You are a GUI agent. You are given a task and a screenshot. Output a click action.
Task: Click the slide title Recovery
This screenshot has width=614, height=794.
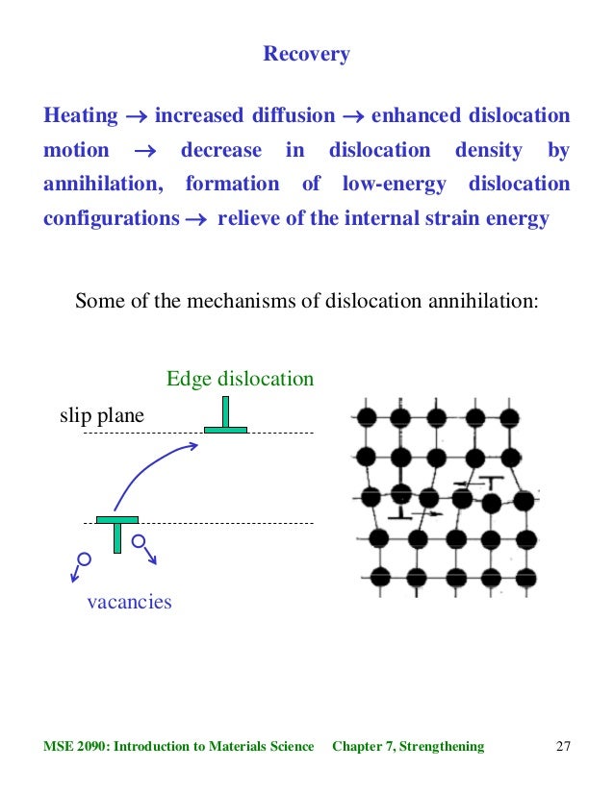(x=306, y=55)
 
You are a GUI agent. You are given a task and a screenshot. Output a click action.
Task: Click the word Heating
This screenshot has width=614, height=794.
(x=81, y=117)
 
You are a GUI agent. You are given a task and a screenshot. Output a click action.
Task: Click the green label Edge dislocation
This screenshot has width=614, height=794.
(x=240, y=379)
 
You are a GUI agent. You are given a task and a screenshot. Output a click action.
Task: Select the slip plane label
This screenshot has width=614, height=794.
(x=102, y=416)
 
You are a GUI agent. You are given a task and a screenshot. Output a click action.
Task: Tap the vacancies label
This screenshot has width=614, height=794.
(x=129, y=603)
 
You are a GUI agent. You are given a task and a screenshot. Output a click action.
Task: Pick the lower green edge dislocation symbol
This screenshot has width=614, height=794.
(x=116, y=533)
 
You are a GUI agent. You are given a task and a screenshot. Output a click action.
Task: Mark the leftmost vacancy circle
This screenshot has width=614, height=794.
(x=84, y=558)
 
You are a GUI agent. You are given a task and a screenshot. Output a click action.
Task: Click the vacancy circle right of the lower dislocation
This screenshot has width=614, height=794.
(x=139, y=542)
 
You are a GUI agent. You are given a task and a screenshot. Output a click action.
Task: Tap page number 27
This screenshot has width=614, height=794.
(x=564, y=746)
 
